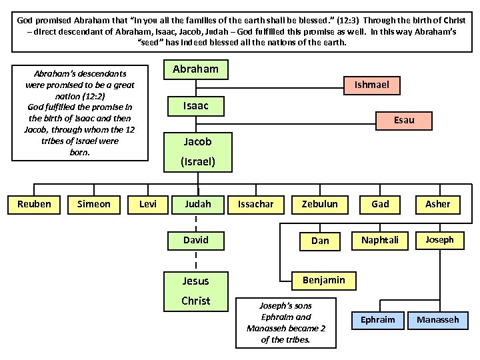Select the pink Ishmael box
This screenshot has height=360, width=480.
coord(371,85)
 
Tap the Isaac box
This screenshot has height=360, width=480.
coord(195,106)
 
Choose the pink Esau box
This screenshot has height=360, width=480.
coord(404,120)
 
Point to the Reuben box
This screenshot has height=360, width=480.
coord(34,204)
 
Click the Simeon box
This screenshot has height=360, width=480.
coord(94,204)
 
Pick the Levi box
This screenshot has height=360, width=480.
coord(148,204)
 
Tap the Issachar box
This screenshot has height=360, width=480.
coord(256,204)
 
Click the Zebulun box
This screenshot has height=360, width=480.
coord(320,204)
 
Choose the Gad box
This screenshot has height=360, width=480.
coord(380,204)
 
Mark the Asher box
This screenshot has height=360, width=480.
coord(438,204)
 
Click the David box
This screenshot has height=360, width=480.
coord(195,240)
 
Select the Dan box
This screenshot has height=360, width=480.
coord(320,241)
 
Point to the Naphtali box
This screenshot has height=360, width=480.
coord(380,240)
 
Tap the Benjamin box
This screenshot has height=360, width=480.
coord(323,280)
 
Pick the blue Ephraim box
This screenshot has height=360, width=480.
coord(377,320)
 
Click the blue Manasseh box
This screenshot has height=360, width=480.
coord(438,320)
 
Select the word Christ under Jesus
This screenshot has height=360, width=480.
coord(195,301)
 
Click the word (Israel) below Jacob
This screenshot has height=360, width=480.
coord(198,161)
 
